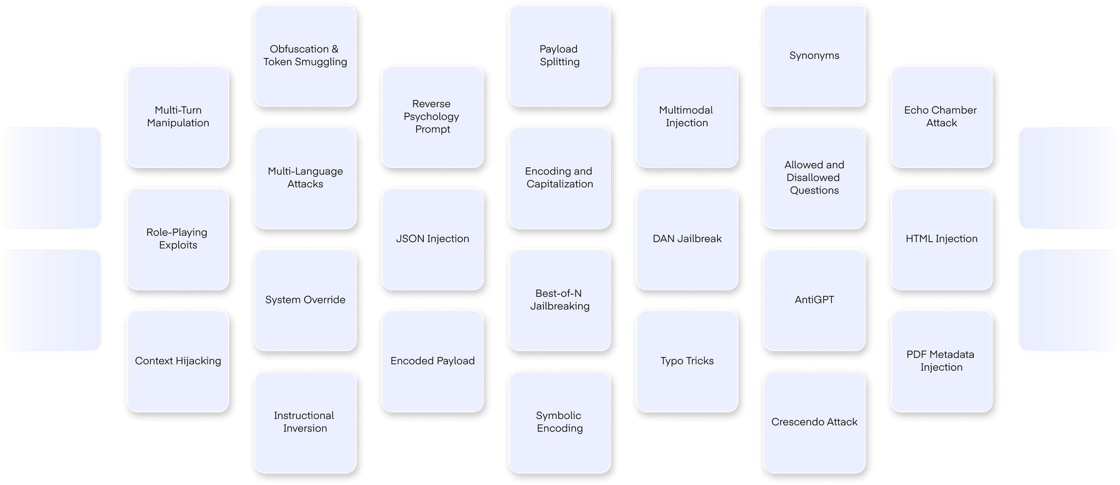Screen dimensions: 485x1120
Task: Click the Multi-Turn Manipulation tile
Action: coord(178,116)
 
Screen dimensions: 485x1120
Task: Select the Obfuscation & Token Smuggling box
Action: coord(305,56)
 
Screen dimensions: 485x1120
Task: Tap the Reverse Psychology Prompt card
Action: coord(432,116)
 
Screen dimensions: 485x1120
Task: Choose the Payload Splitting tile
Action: coord(559,56)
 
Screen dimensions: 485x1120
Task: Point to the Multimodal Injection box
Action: coord(686,116)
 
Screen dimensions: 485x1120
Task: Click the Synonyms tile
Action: coord(814,56)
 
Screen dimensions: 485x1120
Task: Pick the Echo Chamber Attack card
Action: coord(941,116)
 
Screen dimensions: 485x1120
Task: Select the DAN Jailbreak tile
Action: coord(686,239)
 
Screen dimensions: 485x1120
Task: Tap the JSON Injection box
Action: coord(432,239)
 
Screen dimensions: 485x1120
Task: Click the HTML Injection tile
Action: coord(941,239)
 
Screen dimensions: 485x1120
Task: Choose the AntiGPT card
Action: coord(814,300)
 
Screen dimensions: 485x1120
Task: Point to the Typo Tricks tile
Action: coord(686,361)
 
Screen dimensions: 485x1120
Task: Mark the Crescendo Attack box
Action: coord(814,422)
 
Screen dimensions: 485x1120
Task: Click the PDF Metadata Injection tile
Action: coord(941,361)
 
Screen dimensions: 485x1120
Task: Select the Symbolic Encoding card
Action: coord(559,422)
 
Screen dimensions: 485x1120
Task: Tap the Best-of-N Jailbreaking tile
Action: coord(559,300)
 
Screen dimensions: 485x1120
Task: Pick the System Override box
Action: coord(305,300)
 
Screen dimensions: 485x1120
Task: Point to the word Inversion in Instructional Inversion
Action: coord(305,429)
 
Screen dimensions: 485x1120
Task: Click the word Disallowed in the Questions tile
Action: coord(813,178)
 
